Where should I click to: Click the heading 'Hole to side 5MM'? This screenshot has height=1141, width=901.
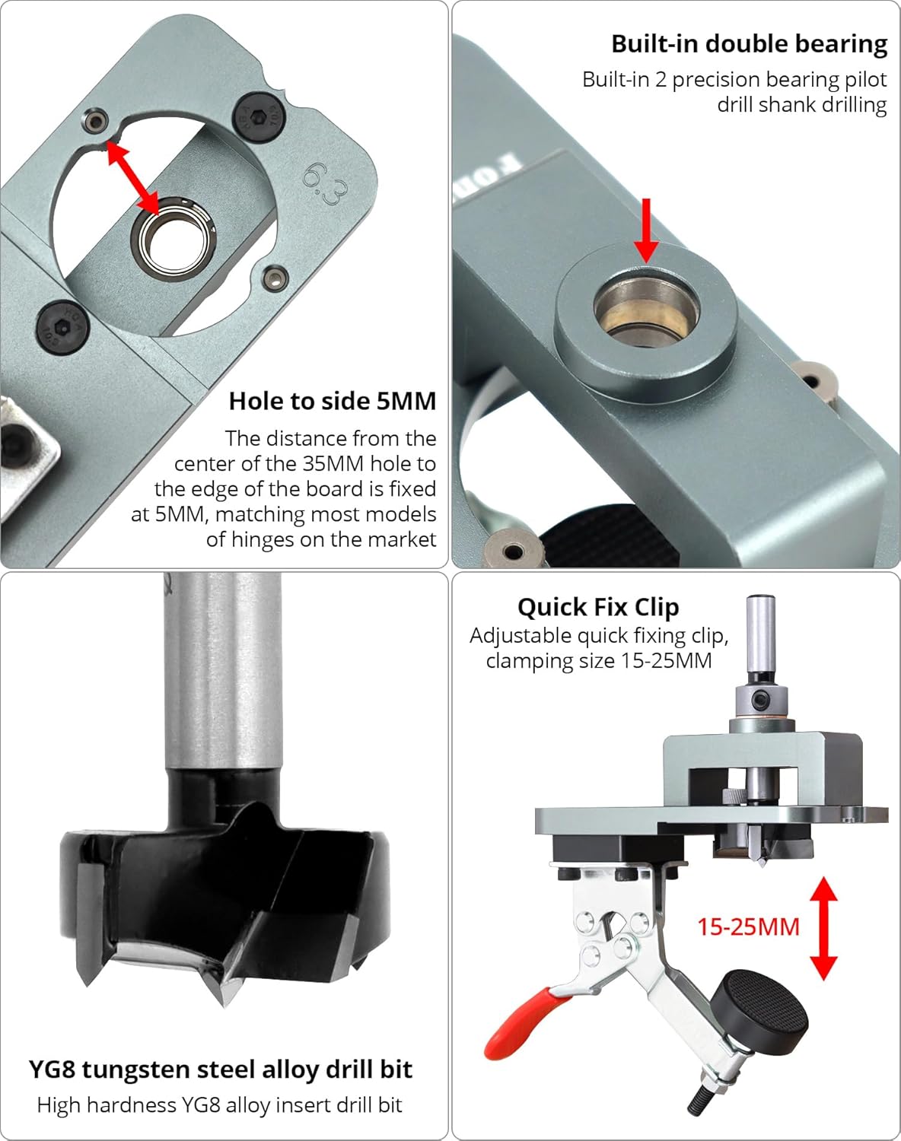click(333, 401)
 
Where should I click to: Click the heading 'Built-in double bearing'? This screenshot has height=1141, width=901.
click(749, 44)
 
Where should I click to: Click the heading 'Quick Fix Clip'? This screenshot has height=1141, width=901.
click(598, 607)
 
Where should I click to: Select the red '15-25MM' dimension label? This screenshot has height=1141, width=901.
click(748, 926)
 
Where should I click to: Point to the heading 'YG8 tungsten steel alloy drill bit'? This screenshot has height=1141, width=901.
click(221, 1069)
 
